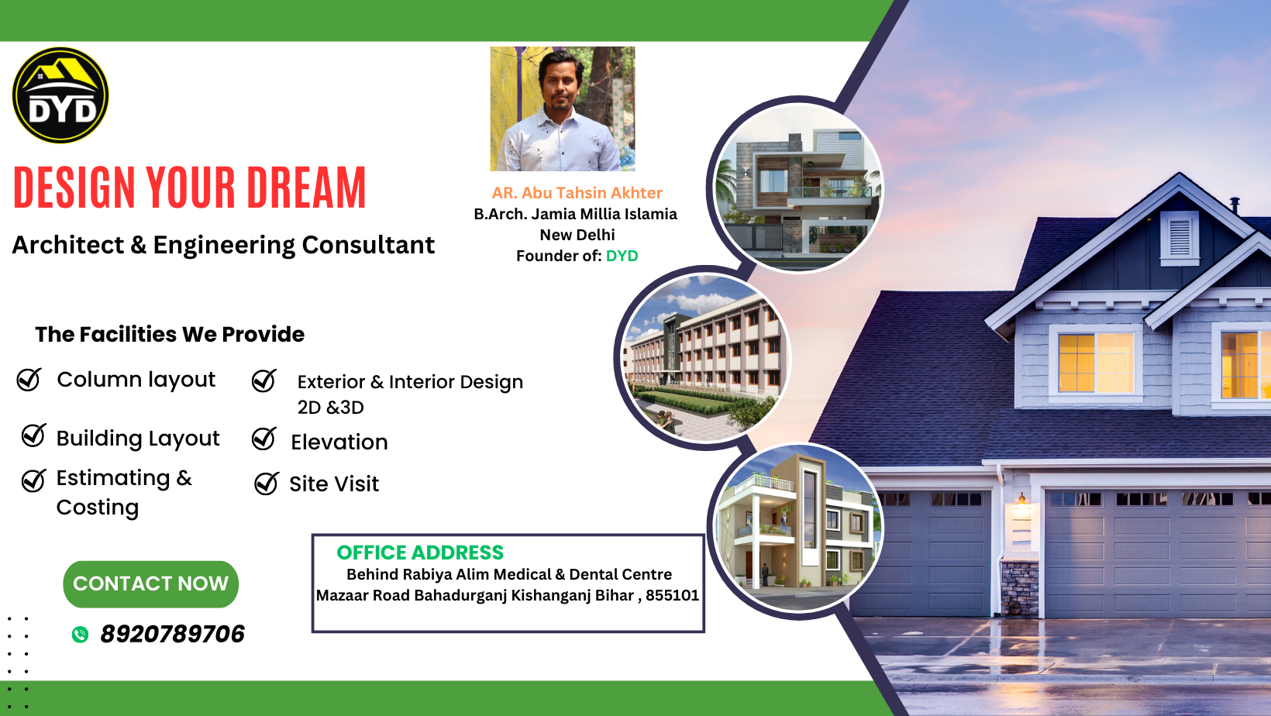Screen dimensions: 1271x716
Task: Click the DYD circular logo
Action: tap(60, 95)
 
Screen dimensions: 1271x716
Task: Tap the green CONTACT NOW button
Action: tap(150, 583)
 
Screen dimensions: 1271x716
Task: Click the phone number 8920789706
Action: tap(173, 634)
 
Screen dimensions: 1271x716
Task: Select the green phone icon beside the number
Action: tap(80, 635)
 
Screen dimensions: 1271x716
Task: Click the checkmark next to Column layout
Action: tap(29, 380)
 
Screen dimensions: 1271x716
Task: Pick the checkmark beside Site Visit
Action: tap(266, 484)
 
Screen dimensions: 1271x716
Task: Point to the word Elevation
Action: tap(339, 442)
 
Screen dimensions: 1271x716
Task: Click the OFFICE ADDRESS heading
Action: tap(420, 552)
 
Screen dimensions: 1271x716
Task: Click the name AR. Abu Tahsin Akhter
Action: tap(577, 193)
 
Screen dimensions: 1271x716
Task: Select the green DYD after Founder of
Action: tap(622, 256)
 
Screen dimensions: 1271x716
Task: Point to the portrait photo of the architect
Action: tap(563, 109)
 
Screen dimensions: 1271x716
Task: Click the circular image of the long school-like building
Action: tap(704, 357)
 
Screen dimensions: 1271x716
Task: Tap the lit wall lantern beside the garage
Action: tap(1021, 499)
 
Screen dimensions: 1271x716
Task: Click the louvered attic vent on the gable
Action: tap(1179, 238)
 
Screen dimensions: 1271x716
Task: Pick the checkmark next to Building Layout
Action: tap(33, 435)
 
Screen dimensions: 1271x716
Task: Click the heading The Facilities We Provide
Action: tap(170, 334)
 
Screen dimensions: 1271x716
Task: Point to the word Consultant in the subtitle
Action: tap(367, 245)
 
